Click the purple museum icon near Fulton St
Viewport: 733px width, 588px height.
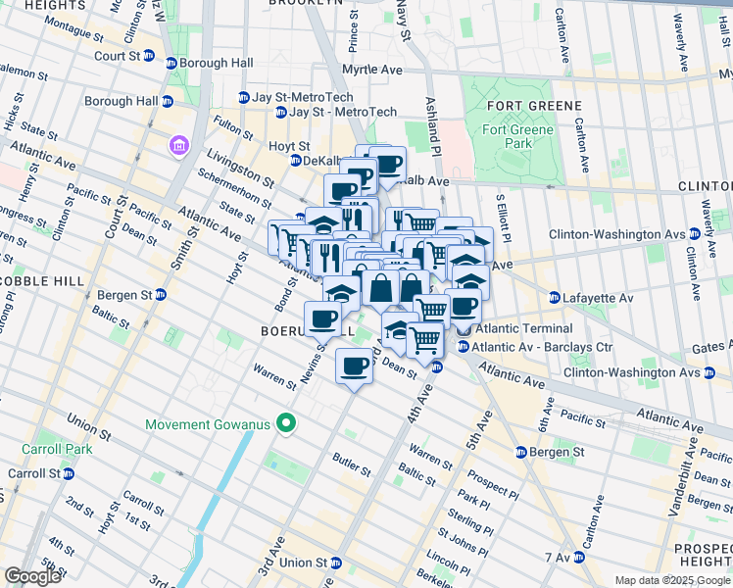click(x=178, y=146)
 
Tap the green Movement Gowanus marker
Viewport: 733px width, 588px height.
click(x=286, y=424)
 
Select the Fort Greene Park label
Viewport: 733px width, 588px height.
click(x=517, y=136)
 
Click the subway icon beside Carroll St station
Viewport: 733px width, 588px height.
click(x=69, y=473)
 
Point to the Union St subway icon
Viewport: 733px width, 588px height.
click(x=336, y=563)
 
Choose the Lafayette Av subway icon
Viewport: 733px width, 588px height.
click(x=555, y=297)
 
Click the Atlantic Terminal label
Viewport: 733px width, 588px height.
click(x=519, y=329)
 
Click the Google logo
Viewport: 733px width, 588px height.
click(x=32, y=576)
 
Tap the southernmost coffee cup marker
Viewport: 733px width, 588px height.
click(x=355, y=367)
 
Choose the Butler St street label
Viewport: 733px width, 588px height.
click(x=350, y=464)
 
